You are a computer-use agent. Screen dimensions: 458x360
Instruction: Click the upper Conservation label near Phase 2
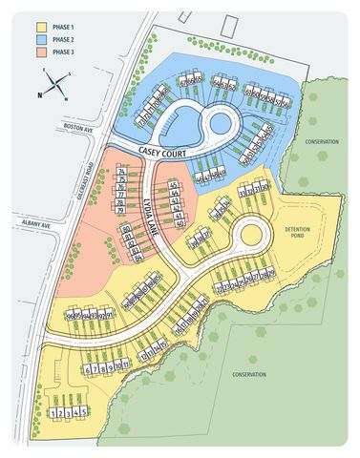tap(322, 142)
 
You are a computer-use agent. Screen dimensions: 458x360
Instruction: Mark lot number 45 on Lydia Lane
tap(173, 184)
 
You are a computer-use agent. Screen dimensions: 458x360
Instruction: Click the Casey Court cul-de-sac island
tap(218, 121)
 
